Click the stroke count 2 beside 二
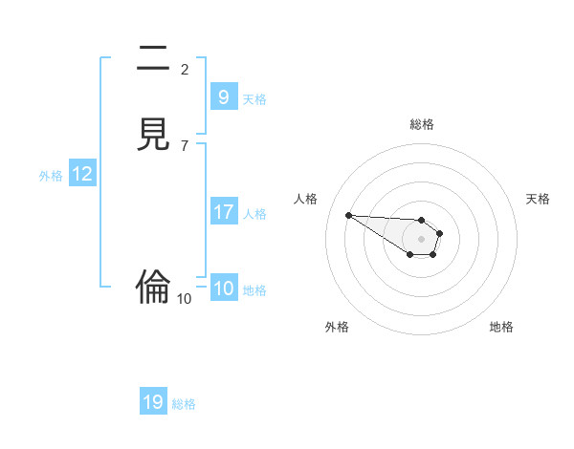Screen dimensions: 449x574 [185, 70]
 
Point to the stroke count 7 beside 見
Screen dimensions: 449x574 [185, 145]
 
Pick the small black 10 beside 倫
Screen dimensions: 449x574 [185, 299]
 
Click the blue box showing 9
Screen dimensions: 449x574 [224, 97]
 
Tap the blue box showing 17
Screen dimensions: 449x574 [224, 212]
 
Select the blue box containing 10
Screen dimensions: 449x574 [224, 289]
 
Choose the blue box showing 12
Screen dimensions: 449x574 [82, 174]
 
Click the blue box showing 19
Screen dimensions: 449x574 [153, 402]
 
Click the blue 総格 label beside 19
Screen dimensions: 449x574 [184, 404]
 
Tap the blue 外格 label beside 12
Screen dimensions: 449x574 [51, 176]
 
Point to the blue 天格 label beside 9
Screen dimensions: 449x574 [254, 99]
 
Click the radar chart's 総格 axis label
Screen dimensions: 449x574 [422, 124]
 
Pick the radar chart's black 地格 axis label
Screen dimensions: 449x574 [501, 327]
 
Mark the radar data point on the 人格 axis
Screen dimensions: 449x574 [348, 215]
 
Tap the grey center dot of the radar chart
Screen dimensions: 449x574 [422, 238]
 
